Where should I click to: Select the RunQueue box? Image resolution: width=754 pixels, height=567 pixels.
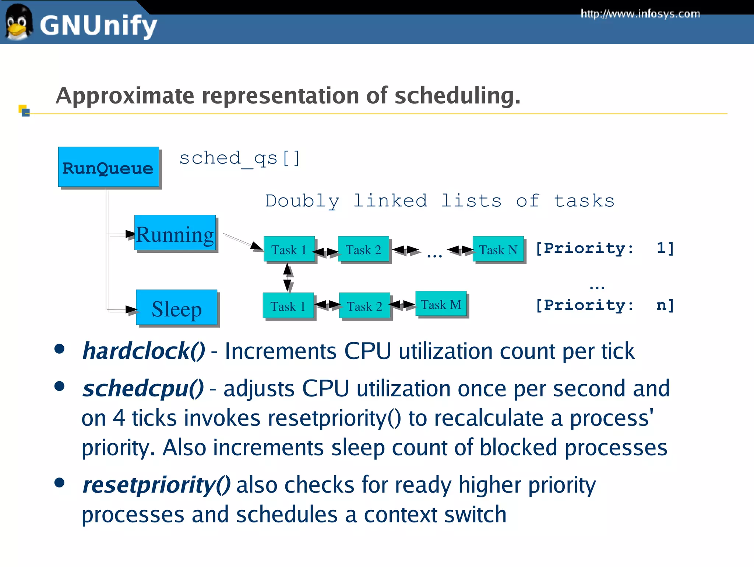click(108, 167)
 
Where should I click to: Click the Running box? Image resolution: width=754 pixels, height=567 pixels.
click(175, 233)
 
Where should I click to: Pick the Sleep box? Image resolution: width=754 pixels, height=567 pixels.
click(176, 308)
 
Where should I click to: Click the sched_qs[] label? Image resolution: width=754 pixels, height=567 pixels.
click(239, 158)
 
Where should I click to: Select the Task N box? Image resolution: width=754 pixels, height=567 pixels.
click(498, 249)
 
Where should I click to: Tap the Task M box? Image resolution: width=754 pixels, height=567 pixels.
click(441, 304)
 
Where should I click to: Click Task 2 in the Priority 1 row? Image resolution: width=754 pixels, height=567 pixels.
click(363, 249)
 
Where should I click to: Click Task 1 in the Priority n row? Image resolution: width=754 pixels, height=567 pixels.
click(288, 306)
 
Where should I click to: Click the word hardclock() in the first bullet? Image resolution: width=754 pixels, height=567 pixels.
click(144, 351)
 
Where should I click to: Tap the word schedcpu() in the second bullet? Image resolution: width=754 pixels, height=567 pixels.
click(143, 389)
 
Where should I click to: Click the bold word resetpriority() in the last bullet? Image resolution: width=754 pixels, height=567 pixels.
click(156, 485)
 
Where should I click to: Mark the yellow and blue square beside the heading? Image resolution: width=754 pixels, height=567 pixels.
click(24, 111)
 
